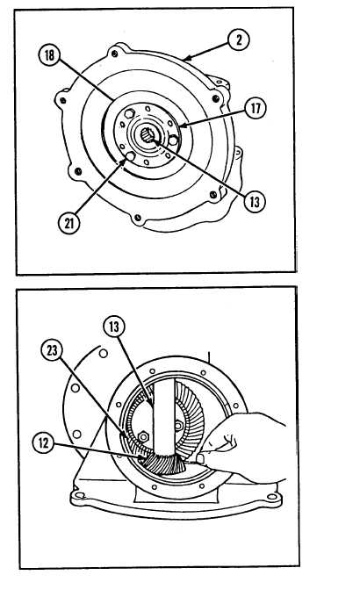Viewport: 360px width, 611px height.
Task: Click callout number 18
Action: (49, 55)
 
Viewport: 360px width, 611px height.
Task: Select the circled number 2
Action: (239, 40)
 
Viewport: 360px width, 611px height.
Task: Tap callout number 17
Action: (256, 108)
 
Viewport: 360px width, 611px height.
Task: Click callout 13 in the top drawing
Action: (255, 202)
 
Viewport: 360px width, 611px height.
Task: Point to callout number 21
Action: (68, 223)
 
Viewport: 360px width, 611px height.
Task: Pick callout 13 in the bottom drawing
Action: (114, 327)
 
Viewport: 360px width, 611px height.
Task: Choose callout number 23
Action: (52, 350)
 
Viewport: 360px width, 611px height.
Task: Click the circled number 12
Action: (44, 444)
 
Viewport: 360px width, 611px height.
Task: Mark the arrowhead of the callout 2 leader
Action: (186, 60)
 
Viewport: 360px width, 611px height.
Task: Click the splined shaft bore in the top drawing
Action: (148, 135)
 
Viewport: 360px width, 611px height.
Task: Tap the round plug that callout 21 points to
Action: (131, 156)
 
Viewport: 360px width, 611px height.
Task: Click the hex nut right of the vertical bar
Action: (178, 426)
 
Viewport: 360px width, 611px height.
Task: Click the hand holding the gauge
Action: (241, 443)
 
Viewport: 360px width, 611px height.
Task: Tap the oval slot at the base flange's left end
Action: (80, 496)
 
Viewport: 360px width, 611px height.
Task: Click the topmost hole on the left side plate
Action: (104, 354)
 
